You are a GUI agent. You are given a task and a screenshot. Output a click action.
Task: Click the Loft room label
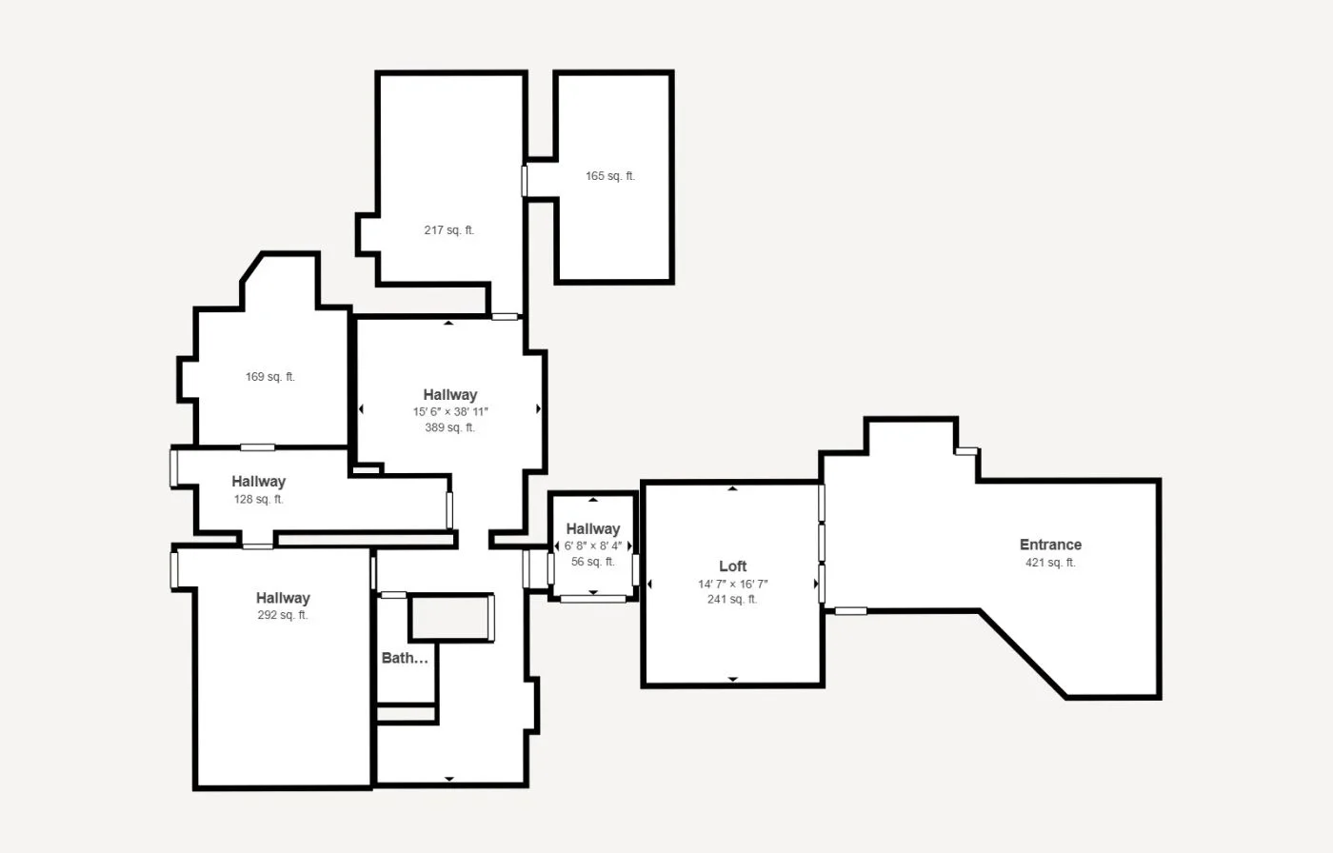732,566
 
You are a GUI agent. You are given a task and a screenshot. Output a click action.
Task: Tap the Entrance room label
1050,545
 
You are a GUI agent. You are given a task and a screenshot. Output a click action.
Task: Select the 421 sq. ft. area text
1050,563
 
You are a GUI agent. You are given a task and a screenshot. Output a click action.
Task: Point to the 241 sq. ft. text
732,600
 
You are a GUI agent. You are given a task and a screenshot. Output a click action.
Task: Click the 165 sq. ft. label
610,176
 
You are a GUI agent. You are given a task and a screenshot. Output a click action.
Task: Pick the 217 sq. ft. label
449,230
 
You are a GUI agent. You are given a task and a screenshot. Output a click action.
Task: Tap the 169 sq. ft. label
270,377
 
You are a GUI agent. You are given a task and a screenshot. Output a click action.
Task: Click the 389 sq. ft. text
449,428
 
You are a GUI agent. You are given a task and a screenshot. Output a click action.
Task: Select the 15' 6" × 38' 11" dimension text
450,412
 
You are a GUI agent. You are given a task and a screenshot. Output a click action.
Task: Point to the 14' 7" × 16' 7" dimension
733,585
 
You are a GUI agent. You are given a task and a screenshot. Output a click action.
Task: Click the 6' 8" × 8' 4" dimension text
592,546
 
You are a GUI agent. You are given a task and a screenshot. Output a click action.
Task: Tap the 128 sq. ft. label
259,500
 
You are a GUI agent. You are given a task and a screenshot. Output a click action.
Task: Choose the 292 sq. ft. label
283,615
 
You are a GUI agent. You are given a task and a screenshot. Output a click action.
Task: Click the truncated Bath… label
405,658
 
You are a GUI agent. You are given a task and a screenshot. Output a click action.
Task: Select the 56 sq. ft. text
592,563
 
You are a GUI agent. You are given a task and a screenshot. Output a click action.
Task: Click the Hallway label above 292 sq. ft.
283,598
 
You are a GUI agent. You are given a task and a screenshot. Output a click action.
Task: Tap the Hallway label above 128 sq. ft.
258,482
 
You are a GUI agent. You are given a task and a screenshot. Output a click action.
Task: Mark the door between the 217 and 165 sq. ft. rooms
524,181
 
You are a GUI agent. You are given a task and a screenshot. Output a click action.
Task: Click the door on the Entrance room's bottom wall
850,611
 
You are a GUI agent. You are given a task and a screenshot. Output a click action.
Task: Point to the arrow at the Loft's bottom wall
733,680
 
